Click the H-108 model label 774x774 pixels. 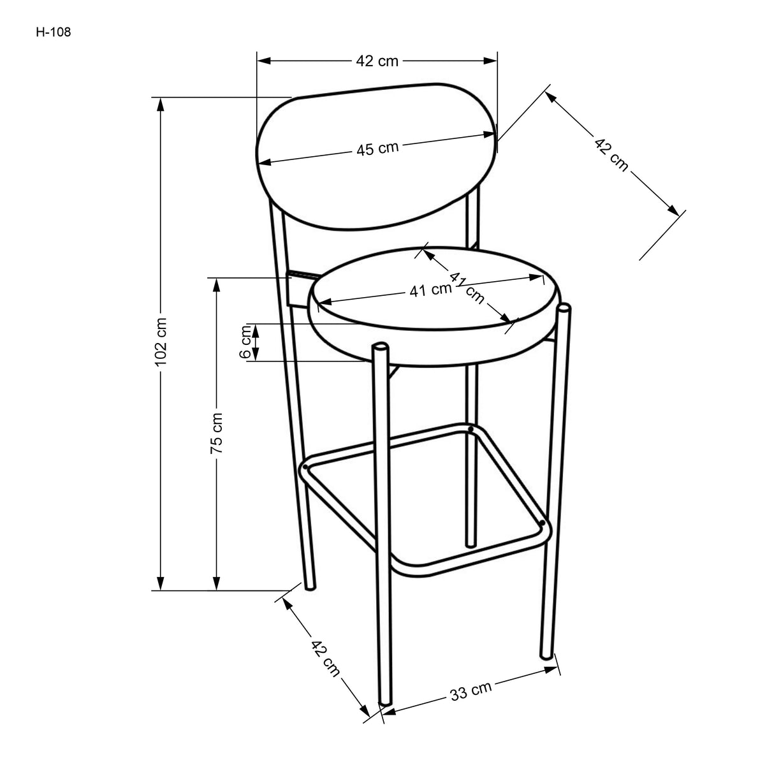point(54,31)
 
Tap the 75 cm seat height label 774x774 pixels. point(217,432)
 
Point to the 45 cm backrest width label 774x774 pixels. point(377,149)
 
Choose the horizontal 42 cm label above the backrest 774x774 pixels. point(377,61)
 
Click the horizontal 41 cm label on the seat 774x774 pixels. point(430,291)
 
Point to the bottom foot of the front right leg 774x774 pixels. point(546,655)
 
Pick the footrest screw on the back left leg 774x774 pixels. point(306,467)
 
